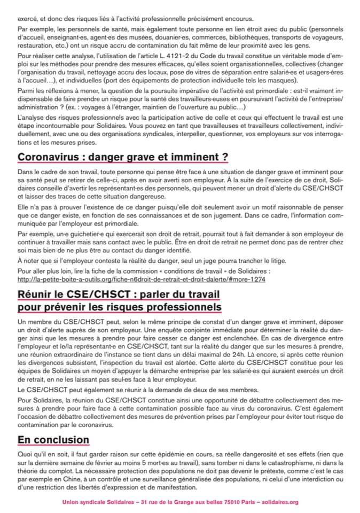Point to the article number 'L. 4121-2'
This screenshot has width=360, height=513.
click(192, 55)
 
